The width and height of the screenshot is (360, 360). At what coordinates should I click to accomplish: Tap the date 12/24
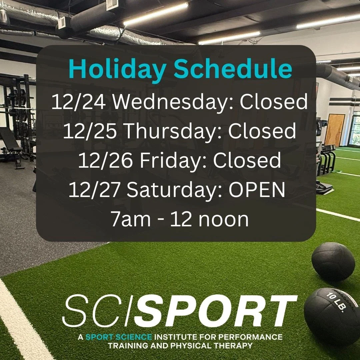[x=79, y=102]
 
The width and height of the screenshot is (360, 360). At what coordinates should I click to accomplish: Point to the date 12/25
[x=89, y=131]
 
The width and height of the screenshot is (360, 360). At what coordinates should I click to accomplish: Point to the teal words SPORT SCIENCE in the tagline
[x=116, y=337]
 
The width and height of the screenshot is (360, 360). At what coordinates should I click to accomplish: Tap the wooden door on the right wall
[x=334, y=130]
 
